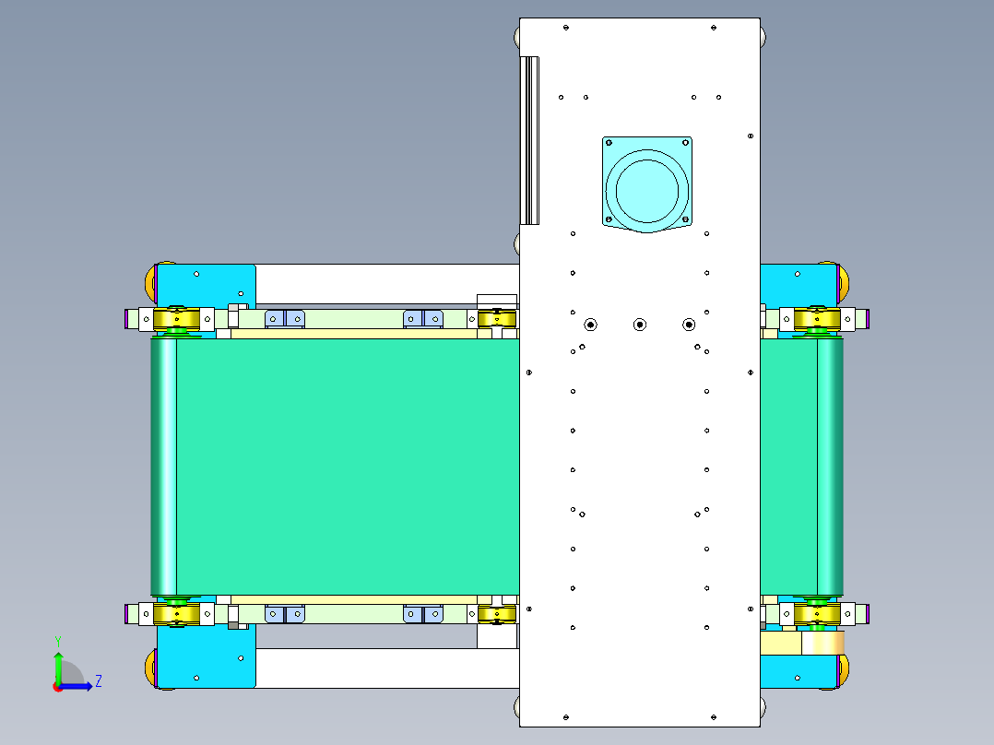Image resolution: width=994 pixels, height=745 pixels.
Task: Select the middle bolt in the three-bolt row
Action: coord(639,324)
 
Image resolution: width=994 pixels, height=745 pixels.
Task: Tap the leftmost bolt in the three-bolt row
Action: coord(590,324)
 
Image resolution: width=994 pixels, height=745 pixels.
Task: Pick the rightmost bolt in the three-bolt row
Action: coord(688,324)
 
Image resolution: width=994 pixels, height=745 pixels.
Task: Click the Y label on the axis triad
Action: coord(57,640)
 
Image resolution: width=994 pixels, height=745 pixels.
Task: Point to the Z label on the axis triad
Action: coord(98,681)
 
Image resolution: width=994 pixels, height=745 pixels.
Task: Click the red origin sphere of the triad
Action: coord(57,686)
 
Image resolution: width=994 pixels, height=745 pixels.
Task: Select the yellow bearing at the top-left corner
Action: coord(177,319)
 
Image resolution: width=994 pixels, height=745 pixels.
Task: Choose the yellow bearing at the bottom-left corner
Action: coord(177,614)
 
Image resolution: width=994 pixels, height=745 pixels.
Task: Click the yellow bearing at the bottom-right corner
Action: coord(816,612)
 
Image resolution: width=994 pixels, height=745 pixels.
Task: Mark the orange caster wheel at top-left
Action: coord(149,281)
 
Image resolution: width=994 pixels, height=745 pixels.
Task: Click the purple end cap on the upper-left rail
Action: coord(126,319)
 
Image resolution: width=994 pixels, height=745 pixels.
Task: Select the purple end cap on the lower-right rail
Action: coord(869,613)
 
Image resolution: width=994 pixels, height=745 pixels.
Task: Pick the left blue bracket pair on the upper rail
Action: coord(284,319)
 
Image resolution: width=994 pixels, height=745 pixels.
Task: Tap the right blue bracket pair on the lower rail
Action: coord(424,613)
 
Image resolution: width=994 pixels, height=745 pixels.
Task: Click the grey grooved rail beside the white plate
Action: coord(530,140)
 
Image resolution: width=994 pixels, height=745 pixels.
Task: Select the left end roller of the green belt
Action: coord(163,466)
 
